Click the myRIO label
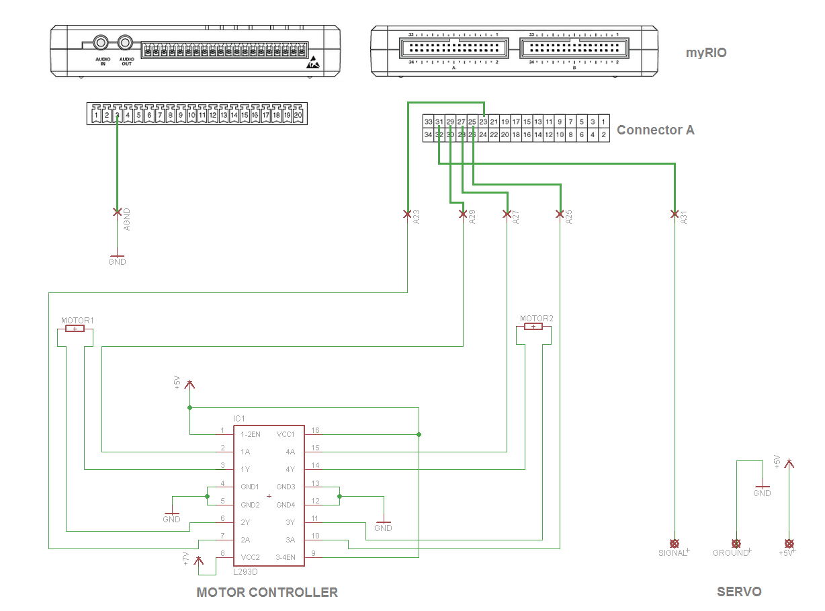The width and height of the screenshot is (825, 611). click(706, 53)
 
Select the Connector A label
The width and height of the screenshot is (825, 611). click(655, 130)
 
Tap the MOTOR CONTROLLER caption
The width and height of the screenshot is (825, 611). click(267, 592)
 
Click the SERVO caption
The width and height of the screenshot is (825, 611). click(739, 592)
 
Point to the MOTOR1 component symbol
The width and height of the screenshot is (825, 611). click(75, 328)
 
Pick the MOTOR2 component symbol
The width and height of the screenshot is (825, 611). click(533, 327)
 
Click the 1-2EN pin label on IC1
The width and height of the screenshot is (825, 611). click(251, 434)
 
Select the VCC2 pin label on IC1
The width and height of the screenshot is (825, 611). click(250, 557)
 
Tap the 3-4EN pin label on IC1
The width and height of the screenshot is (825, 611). click(285, 557)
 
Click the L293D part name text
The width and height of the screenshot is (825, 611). click(245, 572)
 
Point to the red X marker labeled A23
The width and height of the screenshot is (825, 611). click(407, 214)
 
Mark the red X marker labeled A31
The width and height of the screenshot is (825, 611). click(675, 214)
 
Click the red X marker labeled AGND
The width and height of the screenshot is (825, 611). click(117, 212)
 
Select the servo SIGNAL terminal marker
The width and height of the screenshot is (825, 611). click(675, 543)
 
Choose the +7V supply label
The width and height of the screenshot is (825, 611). click(186, 559)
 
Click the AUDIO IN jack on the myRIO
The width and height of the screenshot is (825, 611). click(101, 43)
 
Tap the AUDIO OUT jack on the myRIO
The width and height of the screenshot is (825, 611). click(125, 43)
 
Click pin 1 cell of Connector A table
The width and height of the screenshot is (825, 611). click(604, 122)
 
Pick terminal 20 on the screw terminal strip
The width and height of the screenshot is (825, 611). click(298, 116)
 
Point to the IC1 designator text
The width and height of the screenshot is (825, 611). click(239, 419)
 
